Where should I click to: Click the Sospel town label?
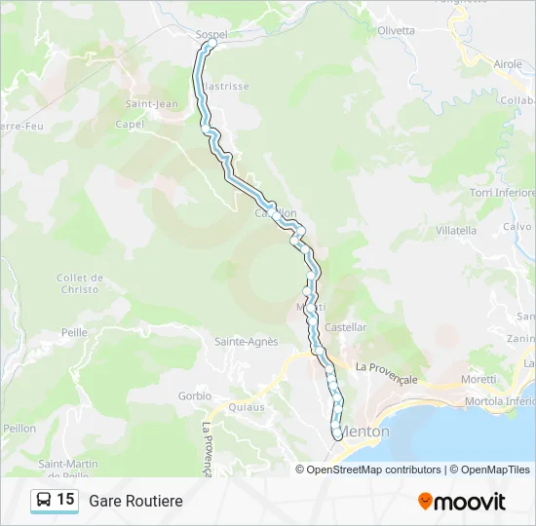(211, 34)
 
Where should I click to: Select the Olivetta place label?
(396, 30)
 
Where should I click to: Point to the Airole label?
(508, 63)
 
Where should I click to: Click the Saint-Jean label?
(152, 104)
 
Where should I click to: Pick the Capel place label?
(130, 124)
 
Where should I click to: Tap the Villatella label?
(456, 231)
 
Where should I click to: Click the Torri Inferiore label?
(503, 193)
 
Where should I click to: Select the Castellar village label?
(346, 327)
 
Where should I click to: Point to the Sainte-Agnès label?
(247, 341)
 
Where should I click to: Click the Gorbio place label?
(195, 395)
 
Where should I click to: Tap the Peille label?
(75, 332)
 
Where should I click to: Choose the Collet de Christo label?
(80, 283)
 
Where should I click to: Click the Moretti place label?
(478, 379)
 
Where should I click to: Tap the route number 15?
(65, 500)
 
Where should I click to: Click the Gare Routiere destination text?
(135, 501)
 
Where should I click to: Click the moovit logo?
(462, 502)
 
